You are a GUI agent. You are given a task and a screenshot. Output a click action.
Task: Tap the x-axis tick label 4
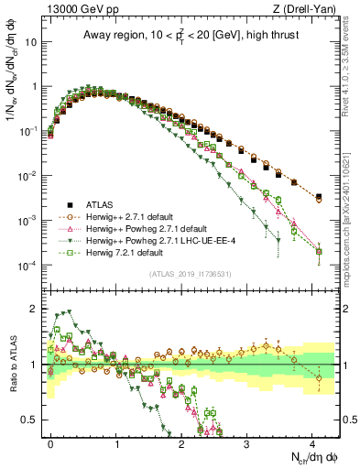[x=312, y=442]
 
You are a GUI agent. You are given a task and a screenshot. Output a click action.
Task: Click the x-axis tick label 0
[x=51, y=442]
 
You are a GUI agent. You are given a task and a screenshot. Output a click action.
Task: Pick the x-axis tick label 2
[x=181, y=442]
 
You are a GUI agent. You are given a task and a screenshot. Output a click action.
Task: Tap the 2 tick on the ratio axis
[x=34, y=309]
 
